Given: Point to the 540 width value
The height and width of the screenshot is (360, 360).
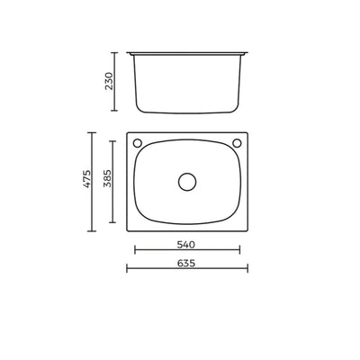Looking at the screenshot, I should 186,244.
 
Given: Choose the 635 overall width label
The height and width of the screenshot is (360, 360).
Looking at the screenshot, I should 186,264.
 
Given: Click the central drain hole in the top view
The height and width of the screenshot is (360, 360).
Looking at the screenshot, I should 187,181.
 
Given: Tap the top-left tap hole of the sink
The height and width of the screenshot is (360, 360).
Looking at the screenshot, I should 137,143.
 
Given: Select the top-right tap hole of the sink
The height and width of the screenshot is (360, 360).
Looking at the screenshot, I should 238,143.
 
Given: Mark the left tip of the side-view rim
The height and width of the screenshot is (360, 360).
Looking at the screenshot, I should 127,52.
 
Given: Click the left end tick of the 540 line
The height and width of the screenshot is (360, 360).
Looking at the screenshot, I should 134,251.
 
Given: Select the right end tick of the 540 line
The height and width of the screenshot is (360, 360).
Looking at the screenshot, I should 240,251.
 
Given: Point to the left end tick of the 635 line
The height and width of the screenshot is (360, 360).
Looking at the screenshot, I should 126,270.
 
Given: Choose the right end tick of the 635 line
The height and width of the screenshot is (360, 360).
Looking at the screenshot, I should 248,270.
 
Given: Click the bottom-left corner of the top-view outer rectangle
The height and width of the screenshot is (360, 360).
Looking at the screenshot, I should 127,229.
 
